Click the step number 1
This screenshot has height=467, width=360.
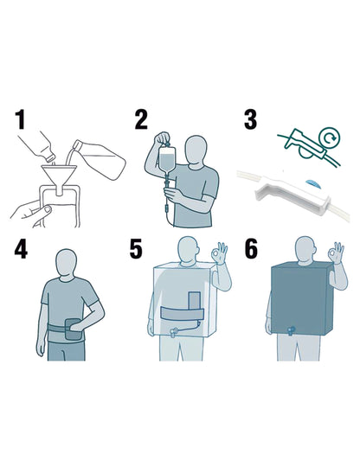[20, 119]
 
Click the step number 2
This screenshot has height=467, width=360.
[141, 119]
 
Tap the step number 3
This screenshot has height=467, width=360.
[250, 119]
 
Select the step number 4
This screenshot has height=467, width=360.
[21, 249]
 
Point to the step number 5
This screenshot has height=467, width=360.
[136, 249]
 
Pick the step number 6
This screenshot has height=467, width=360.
[251, 249]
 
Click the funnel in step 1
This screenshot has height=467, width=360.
[60, 178]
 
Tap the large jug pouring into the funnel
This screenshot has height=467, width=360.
[100, 158]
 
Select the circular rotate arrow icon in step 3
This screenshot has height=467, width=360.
[330, 138]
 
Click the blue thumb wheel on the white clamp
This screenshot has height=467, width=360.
[312, 183]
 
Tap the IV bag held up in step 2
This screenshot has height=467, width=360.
[167, 159]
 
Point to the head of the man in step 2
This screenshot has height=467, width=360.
[195, 152]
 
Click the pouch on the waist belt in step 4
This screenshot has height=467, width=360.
[73, 329]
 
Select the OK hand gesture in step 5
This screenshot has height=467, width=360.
[219, 253]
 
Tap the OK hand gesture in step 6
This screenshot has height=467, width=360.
[336, 253]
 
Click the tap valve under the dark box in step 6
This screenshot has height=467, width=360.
[290, 330]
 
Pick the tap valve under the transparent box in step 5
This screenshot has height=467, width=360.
[174, 331]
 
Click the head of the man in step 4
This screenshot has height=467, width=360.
[66, 265]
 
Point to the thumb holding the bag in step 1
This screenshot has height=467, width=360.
[45, 211]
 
